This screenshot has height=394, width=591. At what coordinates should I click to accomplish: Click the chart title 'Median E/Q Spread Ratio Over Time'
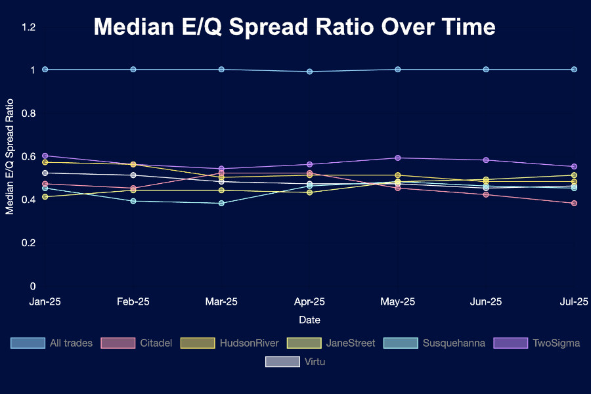[294, 27]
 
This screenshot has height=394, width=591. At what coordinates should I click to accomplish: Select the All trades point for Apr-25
[309, 72]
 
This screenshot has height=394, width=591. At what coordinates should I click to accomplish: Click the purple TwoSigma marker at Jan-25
[45, 156]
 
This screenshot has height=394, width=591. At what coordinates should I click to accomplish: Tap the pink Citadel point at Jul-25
[574, 203]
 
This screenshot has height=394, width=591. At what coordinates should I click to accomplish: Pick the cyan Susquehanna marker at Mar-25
[221, 203]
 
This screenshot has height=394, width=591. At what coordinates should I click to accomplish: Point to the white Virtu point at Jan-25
[45, 173]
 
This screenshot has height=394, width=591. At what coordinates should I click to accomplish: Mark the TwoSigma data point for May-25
[398, 158]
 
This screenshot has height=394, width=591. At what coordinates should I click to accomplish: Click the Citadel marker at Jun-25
[486, 194]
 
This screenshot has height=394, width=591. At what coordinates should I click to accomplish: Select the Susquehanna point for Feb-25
[133, 201]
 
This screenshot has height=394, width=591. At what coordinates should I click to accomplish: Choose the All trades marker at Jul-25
[574, 70]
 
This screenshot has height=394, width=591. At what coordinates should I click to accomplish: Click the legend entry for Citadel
[137, 343]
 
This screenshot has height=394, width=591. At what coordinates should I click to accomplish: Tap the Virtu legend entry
[295, 362]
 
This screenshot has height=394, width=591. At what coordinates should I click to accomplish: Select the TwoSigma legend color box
[511, 343]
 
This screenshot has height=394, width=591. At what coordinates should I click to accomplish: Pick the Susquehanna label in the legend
[454, 343]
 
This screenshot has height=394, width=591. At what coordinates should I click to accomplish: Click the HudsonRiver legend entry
[230, 343]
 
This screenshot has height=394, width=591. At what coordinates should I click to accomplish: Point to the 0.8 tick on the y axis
[29, 113]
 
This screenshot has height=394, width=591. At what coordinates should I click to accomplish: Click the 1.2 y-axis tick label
[29, 27]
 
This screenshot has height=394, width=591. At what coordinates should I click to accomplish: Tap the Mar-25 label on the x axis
[221, 301]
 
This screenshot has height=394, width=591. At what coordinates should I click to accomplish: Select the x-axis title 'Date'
[309, 320]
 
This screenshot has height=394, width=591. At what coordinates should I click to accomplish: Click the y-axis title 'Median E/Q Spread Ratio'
[9, 156]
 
